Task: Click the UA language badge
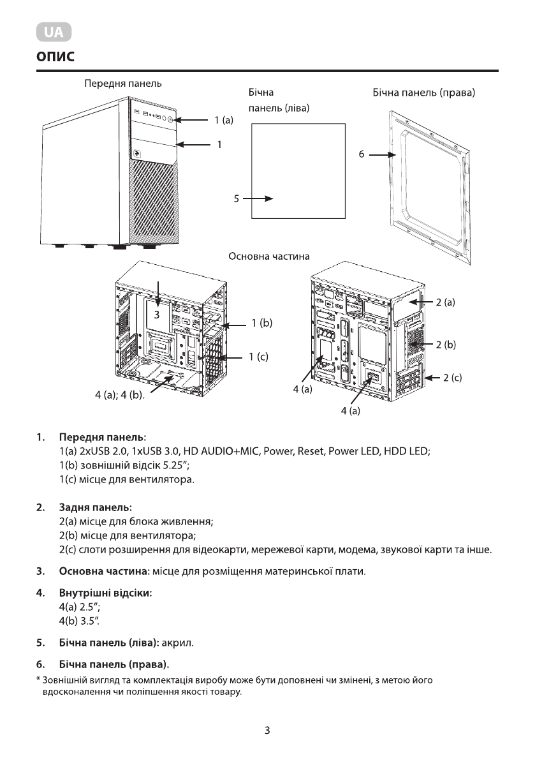(x=54, y=31)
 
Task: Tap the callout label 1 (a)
(x=224, y=119)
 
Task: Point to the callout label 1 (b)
(x=261, y=324)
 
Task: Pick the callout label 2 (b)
(x=446, y=345)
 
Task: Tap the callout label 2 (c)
(x=452, y=378)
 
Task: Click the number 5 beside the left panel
(x=236, y=198)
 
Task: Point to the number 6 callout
(x=361, y=154)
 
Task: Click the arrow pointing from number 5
(x=258, y=198)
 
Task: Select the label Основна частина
(x=269, y=257)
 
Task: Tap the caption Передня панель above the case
(x=123, y=84)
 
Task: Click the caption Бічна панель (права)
(x=424, y=93)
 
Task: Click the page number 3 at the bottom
(x=268, y=730)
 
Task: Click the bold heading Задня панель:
(x=95, y=508)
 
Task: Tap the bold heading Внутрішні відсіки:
(x=105, y=593)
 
